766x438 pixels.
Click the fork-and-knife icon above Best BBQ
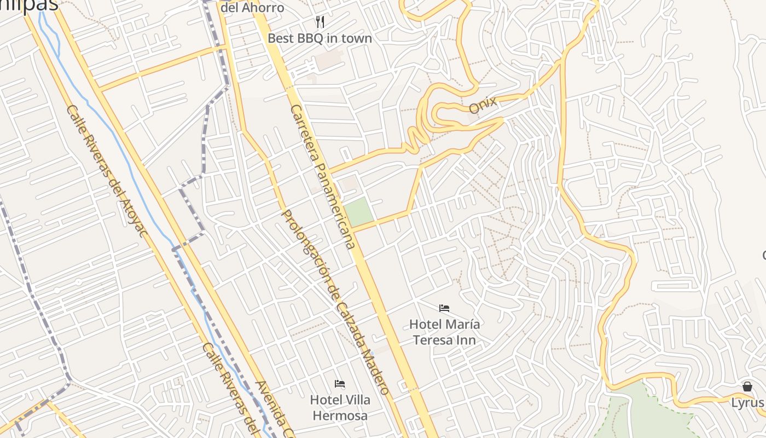320,22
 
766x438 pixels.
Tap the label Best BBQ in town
320,38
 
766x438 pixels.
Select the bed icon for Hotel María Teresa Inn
444,308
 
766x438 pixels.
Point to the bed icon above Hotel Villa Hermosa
340,383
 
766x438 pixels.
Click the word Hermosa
340,416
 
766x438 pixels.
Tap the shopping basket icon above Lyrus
747,387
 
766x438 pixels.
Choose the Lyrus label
747,403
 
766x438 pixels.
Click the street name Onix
483,105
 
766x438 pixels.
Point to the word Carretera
306,134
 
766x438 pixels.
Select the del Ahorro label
252,8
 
